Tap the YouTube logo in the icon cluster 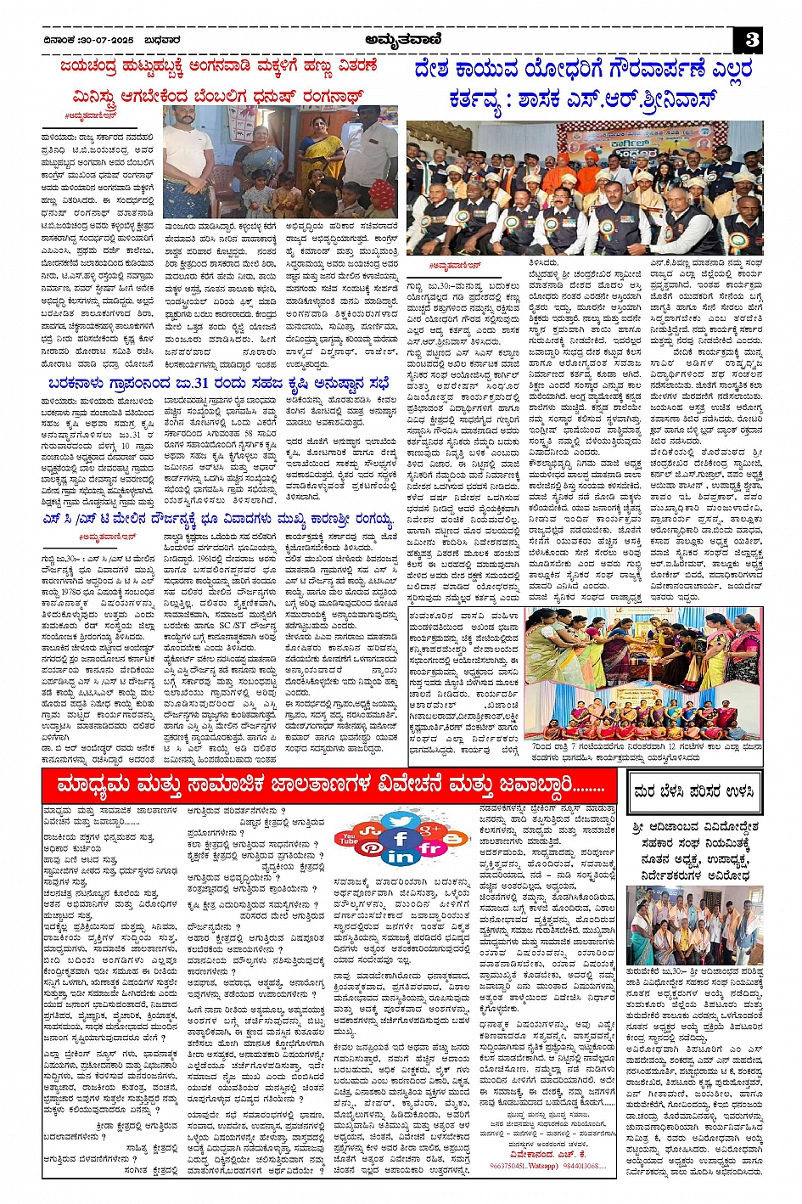(x=348, y=838)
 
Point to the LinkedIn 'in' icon (x=401, y=858)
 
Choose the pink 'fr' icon (x=431, y=847)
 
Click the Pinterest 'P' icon (x=370, y=847)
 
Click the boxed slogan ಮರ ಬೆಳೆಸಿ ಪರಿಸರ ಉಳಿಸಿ (x=693, y=792)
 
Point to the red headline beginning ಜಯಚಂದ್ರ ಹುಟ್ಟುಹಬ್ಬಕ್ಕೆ (x=219, y=66)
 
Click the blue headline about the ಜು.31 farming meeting (x=218, y=377)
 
